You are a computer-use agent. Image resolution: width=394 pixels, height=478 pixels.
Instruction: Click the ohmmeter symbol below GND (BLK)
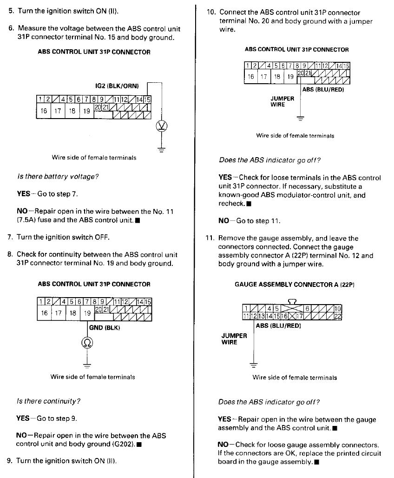[87, 343]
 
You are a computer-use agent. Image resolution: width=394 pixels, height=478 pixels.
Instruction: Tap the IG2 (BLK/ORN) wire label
[117, 86]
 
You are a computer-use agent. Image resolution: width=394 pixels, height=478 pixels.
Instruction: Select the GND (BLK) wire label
[105, 328]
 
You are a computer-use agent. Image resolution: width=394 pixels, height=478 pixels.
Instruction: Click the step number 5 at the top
[11, 10]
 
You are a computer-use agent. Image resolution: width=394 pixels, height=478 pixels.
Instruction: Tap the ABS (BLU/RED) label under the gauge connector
[278, 326]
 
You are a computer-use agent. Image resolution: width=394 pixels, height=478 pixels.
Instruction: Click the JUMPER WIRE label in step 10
[282, 101]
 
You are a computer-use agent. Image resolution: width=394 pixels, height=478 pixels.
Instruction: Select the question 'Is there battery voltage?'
[58, 176]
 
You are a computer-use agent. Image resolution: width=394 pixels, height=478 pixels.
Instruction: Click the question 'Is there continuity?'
[49, 401]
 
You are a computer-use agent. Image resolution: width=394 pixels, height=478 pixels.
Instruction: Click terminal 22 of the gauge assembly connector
[338, 316]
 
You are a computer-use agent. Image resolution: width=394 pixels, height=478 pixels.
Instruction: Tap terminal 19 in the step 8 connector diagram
[87, 313]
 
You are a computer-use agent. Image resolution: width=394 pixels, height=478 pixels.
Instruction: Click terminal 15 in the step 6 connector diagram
[148, 99]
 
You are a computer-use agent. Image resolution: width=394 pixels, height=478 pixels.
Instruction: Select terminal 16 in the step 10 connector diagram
[251, 77]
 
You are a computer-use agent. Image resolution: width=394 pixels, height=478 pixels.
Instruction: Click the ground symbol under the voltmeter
[162, 150]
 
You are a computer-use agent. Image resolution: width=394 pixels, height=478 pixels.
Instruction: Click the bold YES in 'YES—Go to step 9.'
[23, 418]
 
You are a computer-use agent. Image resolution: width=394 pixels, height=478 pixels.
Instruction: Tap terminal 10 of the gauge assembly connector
[338, 309]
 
